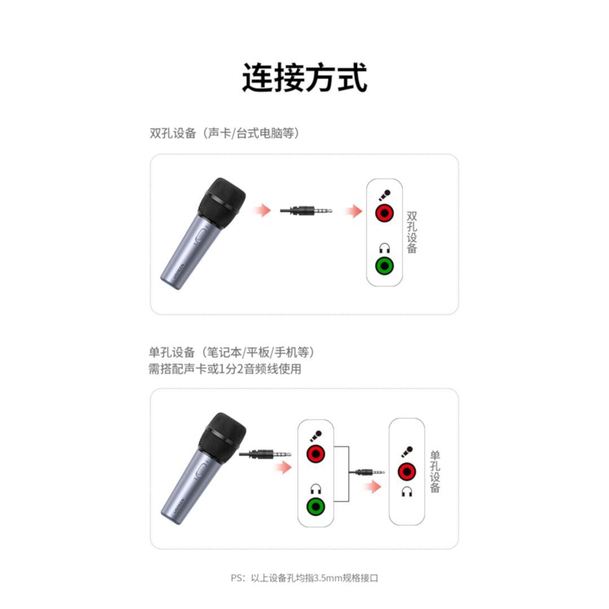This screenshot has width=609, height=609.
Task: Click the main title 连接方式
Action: click(304, 78)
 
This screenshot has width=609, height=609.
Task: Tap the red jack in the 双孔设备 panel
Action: click(384, 213)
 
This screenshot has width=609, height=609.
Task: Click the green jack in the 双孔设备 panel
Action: click(384, 266)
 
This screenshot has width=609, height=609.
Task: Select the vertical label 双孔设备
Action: click(412, 232)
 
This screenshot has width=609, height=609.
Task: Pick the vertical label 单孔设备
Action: click(435, 471)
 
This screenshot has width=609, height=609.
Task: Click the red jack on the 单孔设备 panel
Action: click(407, 472)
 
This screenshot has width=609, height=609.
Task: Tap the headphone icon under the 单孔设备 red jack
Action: click(407, 492)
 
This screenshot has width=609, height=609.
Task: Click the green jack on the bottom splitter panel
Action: click(316, 506)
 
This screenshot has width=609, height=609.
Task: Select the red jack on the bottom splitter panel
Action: click(316, 453)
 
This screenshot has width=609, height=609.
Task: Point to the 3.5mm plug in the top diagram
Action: click(306, 211)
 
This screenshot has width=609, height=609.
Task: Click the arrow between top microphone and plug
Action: click(262, 210)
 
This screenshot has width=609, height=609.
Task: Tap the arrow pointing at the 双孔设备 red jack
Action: click(353, 211)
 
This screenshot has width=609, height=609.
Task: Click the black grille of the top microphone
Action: click(222, 202)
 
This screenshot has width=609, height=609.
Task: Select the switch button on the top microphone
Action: click(200, 236)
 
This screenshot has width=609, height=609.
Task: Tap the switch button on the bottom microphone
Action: click(201, 471)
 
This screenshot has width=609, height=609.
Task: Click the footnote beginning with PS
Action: click(304, 578)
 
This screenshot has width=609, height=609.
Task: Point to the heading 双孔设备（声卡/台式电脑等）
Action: click(224, 133)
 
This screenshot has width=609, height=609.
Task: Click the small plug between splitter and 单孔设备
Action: click(367, 473)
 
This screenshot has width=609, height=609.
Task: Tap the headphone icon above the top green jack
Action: click(385, 248)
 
